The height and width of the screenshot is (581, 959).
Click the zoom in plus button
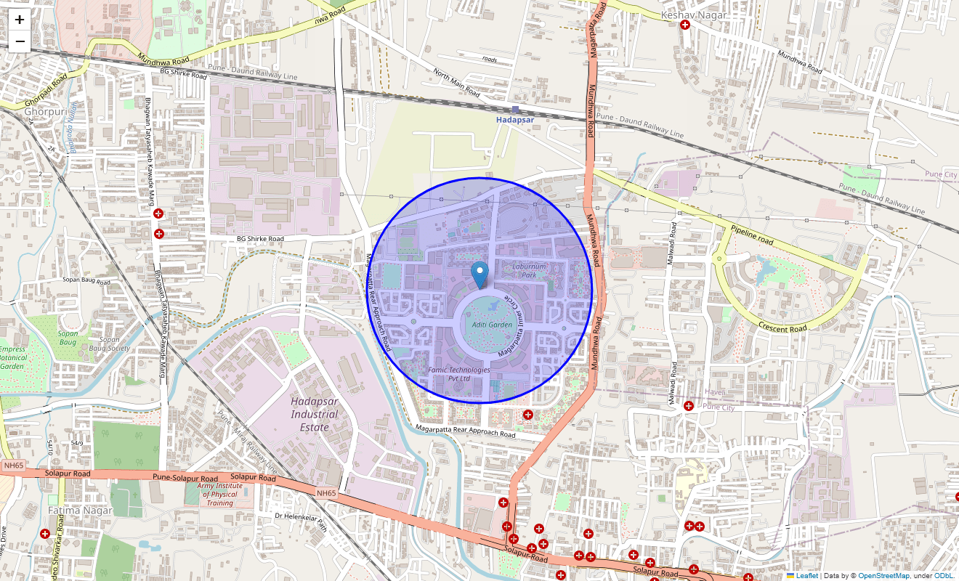point(20,20)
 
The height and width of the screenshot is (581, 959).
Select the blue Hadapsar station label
point(515,119)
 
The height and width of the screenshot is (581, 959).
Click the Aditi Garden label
point(492,325)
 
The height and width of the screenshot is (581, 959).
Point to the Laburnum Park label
point(528,271)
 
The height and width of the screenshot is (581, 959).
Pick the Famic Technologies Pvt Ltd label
point(459,374)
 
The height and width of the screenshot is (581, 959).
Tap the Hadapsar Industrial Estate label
point(315,414)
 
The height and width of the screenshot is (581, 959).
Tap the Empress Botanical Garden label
point(13,357)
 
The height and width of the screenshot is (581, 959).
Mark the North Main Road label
point(456,83)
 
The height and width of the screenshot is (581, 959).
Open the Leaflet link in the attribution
point(806,576)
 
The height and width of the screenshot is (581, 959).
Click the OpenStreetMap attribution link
point(883,576)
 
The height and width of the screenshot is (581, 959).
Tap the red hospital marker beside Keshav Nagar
point(685,25)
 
